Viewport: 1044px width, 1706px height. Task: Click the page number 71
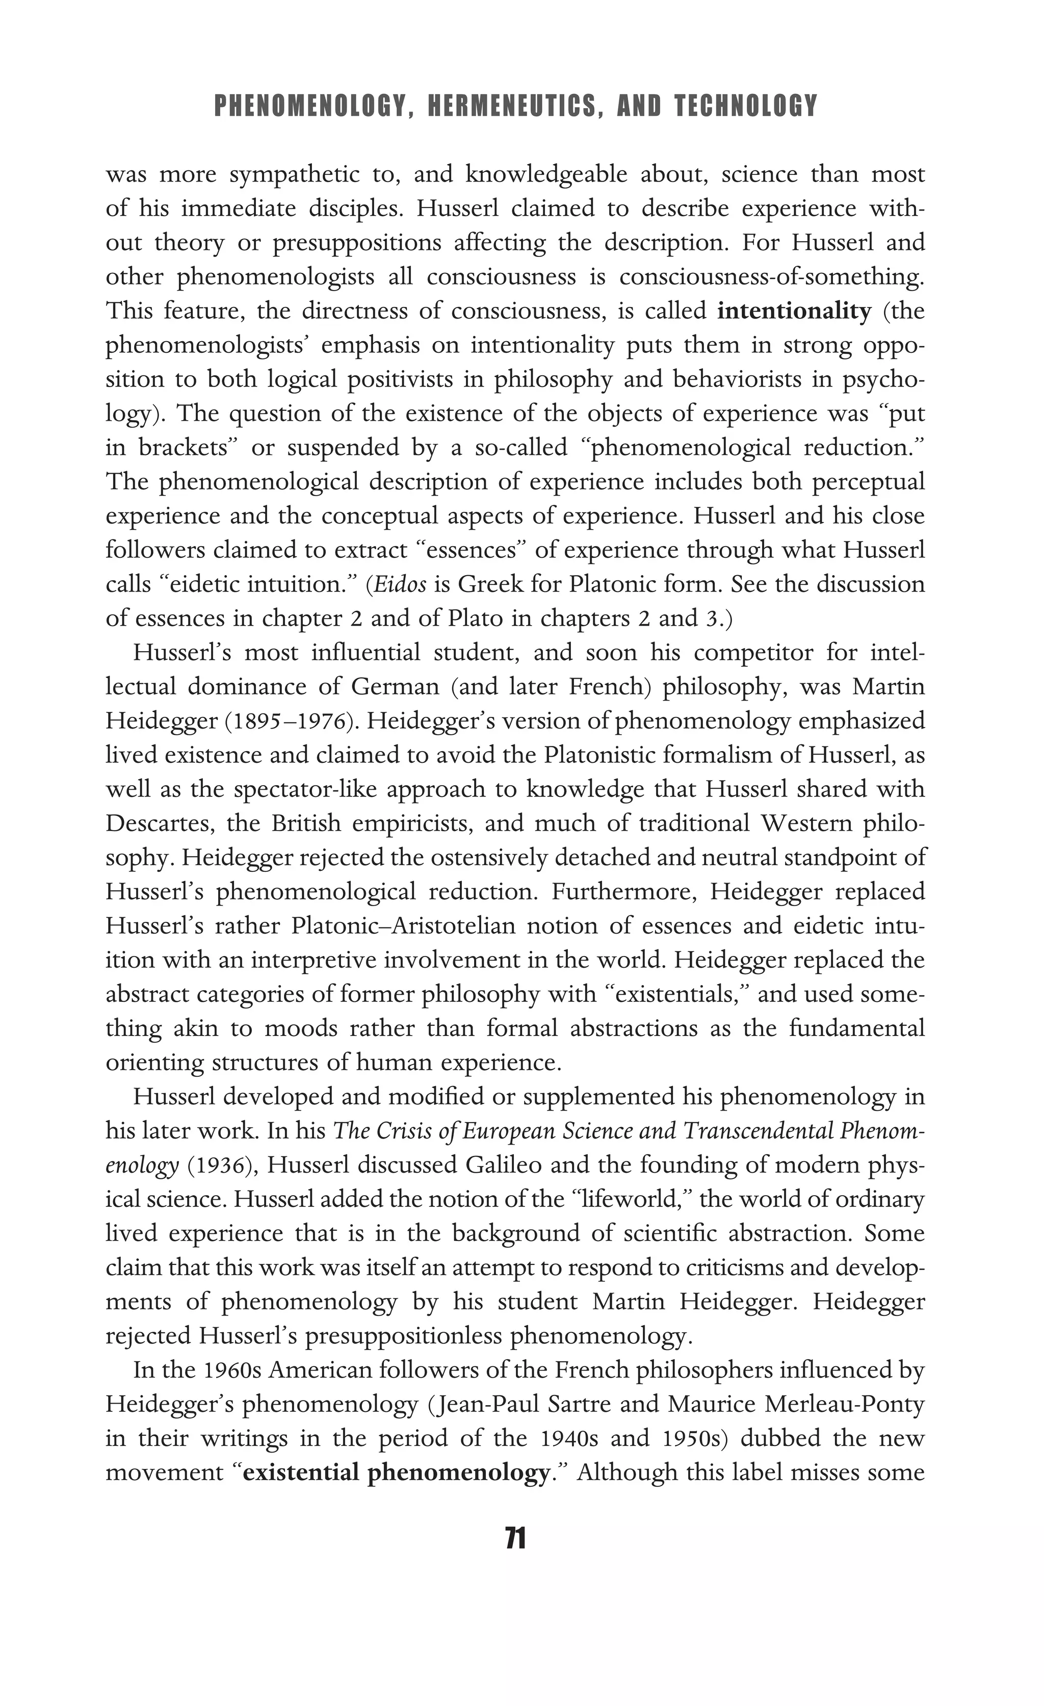pos(516,1539)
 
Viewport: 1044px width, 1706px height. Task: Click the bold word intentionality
pos(793,311)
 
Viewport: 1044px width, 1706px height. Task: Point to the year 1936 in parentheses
pos(219,1165)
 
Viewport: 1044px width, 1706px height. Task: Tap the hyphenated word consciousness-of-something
pos(771,277)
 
